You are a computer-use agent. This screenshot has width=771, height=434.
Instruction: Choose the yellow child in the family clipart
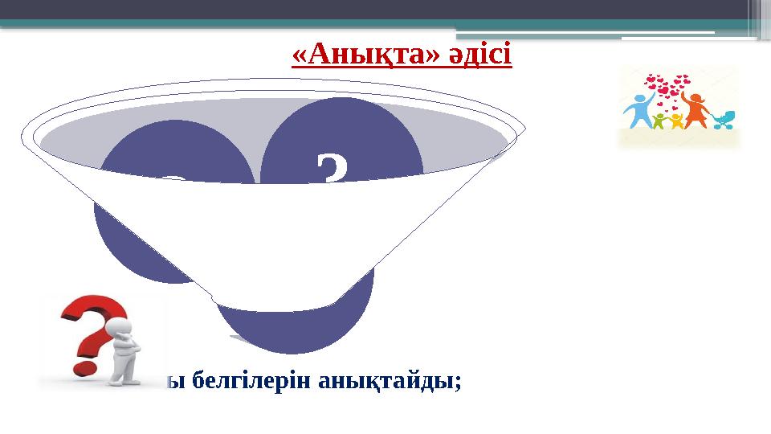(x=676, y=120)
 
